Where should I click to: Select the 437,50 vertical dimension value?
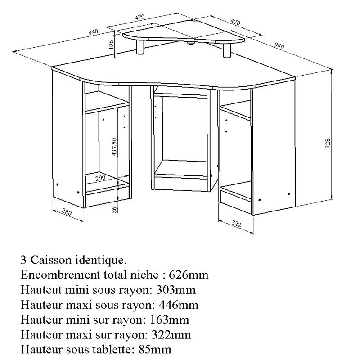click(x=115, y=146)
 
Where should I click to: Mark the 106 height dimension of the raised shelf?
click(x=111, y=44)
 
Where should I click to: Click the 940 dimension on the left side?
click(x=93, y=31)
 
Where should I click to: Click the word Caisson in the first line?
click(x=49, y=260)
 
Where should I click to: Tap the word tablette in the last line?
click(x=113, y=349)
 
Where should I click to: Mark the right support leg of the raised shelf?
click(x=227, y=50)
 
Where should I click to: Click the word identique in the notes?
click(x=101, y=260)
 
